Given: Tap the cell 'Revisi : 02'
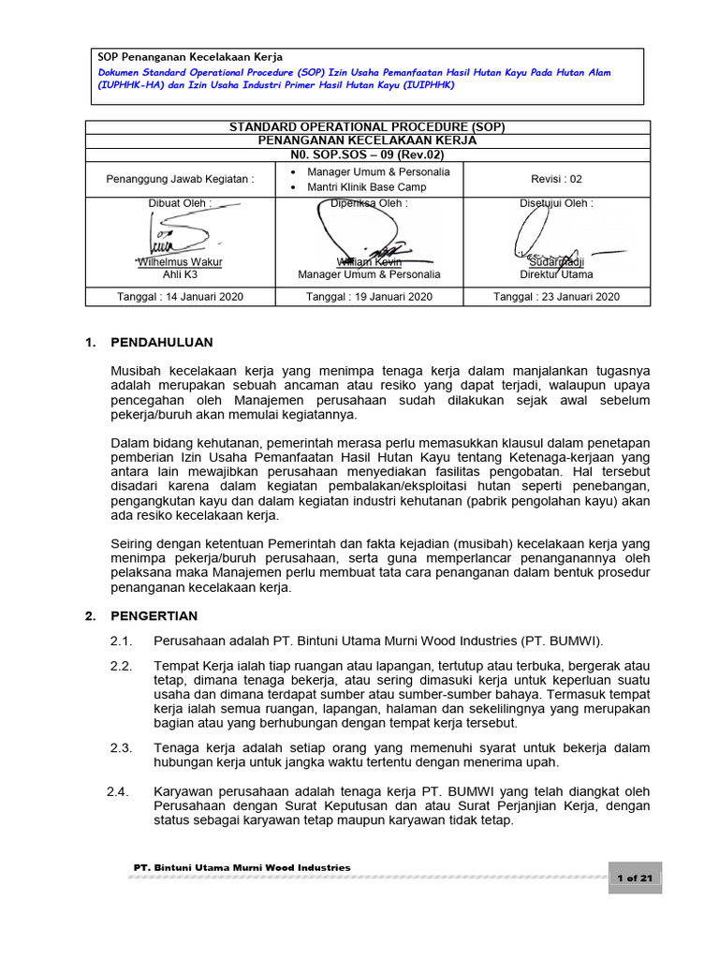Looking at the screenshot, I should coord(556,179).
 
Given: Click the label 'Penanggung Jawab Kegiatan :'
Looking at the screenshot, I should coord(180,179).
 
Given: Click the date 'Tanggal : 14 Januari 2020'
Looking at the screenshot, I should coord(180,296).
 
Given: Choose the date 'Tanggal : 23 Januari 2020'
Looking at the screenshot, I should coord(556,296).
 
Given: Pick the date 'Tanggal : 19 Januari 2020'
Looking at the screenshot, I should coord(369,296).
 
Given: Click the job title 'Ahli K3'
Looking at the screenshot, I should coord(180,275).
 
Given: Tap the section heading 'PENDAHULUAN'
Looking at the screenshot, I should coord(162,343).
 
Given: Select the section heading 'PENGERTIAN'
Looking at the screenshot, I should coord(154,616).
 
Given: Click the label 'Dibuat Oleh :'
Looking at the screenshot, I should coord(180,202).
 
